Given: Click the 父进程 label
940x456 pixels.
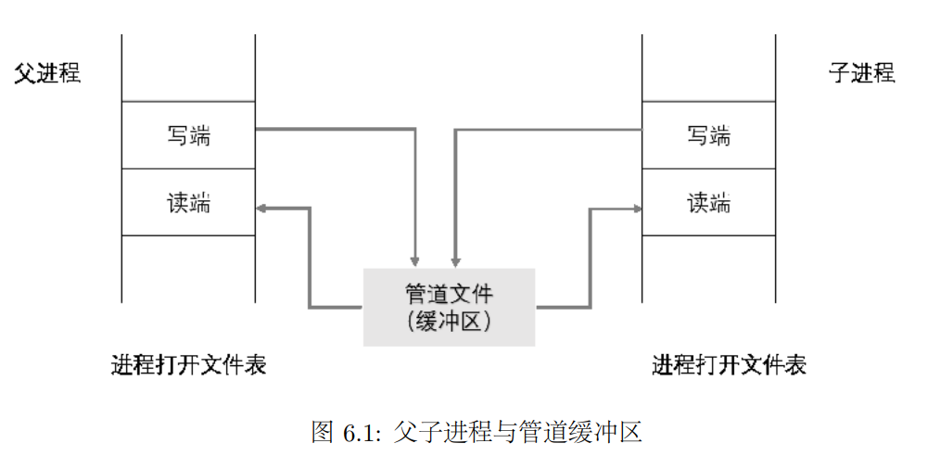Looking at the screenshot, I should click(47, 74).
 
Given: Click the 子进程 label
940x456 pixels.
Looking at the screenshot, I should click(861, 74).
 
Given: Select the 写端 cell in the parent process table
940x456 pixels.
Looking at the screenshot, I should click(188, 135).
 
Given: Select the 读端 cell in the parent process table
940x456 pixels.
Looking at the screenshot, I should click(188, 203).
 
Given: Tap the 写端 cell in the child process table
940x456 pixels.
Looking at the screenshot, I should click(708, 135).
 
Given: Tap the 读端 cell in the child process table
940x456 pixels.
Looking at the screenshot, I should click(708, 203).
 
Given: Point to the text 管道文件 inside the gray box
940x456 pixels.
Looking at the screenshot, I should click(449, 295).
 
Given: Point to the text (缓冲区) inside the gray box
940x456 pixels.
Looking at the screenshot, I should click(449, 322).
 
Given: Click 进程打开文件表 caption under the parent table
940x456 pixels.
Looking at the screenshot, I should click(188, 365).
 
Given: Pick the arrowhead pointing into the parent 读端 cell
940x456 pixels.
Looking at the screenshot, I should click(261, 209).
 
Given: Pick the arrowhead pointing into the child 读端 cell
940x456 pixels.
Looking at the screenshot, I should click(637, 209).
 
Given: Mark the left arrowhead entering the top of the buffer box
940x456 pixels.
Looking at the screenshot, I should click(416, 260).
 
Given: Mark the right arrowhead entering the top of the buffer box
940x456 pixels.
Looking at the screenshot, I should click(454, 260).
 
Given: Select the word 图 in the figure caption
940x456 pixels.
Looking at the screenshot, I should click(323, 433).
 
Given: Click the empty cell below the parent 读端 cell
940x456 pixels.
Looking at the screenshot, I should click(188, 269).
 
